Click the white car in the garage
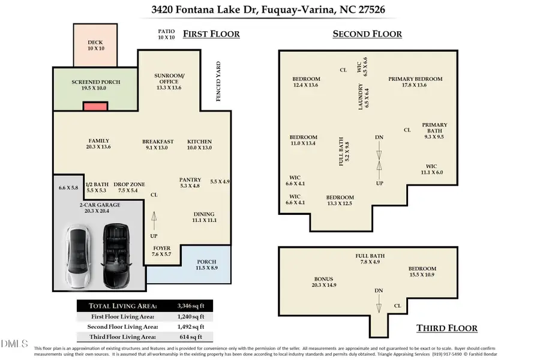80,257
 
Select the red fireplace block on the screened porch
95,106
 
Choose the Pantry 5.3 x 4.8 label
190,182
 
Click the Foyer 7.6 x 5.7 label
161,251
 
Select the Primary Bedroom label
415,82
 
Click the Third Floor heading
447,328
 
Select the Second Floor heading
367,34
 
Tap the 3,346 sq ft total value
191,305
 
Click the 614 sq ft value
193,337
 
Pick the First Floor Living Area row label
122,316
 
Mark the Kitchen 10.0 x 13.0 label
199,145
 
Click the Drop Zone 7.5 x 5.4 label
129,187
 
